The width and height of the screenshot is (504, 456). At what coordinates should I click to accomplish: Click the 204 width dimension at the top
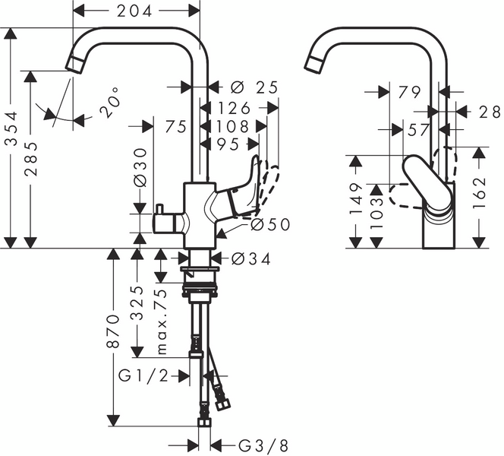(x=137, y=10)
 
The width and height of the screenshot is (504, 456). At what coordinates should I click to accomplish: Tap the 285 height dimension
(x=30, y=160)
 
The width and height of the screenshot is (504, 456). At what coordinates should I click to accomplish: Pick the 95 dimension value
(x=231, y=144)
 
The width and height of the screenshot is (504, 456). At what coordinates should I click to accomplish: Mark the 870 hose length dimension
(x=113, y=331)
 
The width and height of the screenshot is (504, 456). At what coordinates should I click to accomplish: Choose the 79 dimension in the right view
(x=409, y=92)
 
